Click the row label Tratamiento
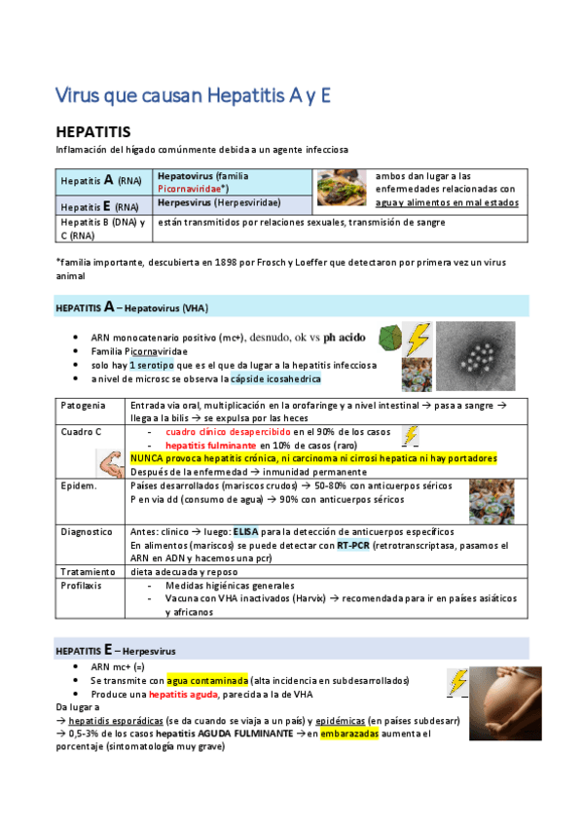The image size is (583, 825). click(x=90, y=571)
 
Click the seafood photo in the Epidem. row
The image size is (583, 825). click(x=492, y=502)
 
